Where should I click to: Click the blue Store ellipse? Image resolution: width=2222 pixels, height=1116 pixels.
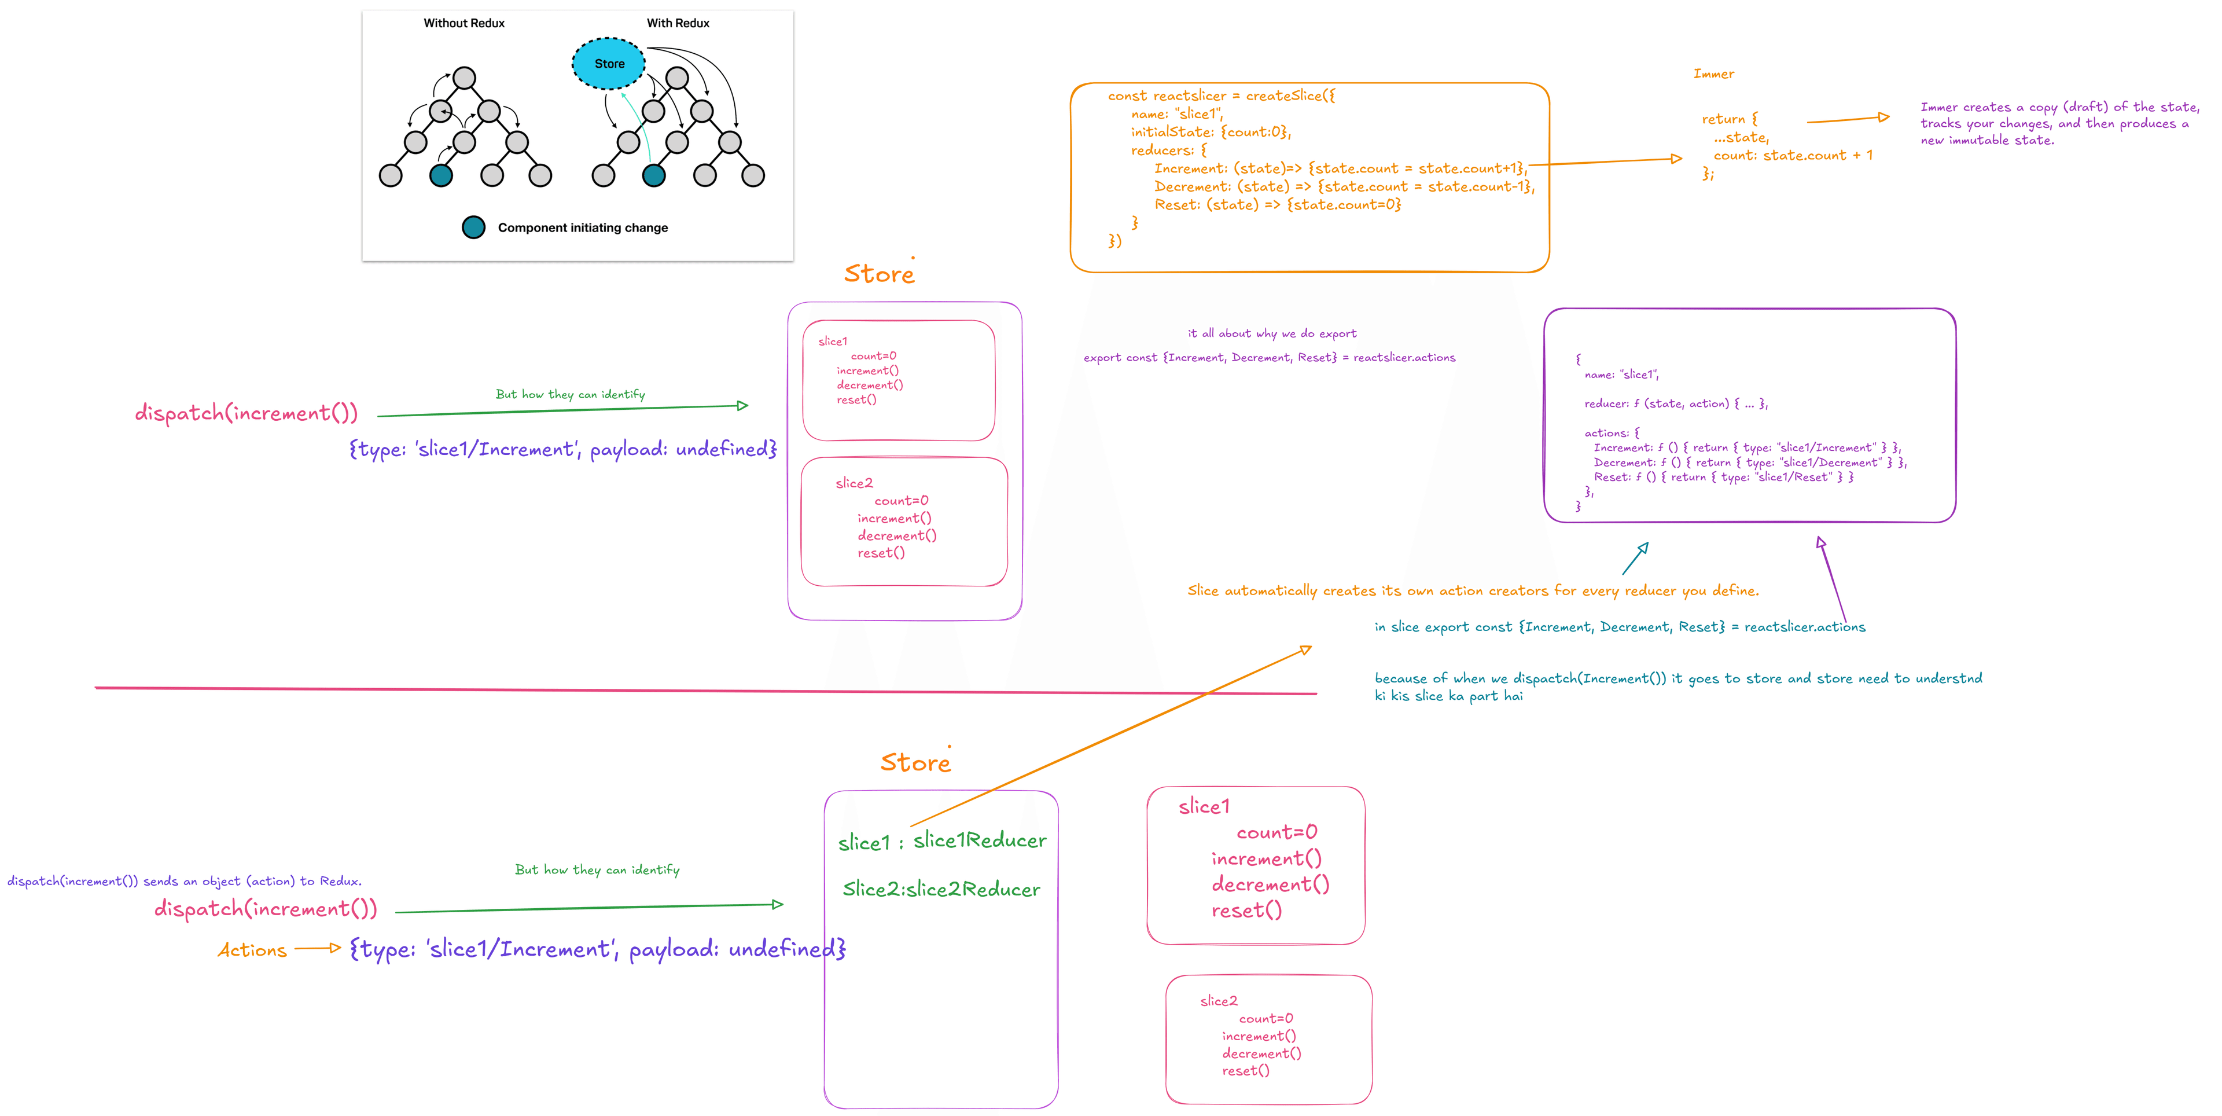[x=609, y=64]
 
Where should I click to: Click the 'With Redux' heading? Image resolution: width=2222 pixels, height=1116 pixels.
[x=678, y=23]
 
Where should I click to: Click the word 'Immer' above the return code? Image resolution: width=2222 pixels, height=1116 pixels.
[x=1713, y=74]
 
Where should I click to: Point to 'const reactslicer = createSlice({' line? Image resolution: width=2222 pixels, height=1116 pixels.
[x=1220, y=96]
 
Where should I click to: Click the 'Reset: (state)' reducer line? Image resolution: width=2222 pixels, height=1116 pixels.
[x=1276, y=204]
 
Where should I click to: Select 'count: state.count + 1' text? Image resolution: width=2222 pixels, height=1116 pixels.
[x=1793, y=155]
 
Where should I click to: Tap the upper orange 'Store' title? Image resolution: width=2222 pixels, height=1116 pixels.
[x=878, y=274]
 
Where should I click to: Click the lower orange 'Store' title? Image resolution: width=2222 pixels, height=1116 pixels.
[x=914, y=763]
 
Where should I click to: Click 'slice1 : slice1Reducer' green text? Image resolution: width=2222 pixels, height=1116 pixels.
[x=942, y=840]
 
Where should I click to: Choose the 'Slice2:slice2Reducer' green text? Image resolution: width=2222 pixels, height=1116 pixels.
[x=941, y=889]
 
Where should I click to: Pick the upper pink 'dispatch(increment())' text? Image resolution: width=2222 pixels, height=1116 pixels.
[x=246, y=413]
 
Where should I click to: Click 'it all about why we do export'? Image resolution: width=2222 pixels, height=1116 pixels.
[x=1271, y=333]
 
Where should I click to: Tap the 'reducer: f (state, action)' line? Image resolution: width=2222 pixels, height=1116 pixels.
[x=1675, y=403]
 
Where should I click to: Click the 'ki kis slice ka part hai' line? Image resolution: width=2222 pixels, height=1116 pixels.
[x=1448, y=696]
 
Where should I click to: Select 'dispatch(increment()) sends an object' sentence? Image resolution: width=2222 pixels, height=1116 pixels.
[x=184, y=881]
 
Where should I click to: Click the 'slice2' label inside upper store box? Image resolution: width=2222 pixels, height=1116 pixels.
[x=854, y=483]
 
